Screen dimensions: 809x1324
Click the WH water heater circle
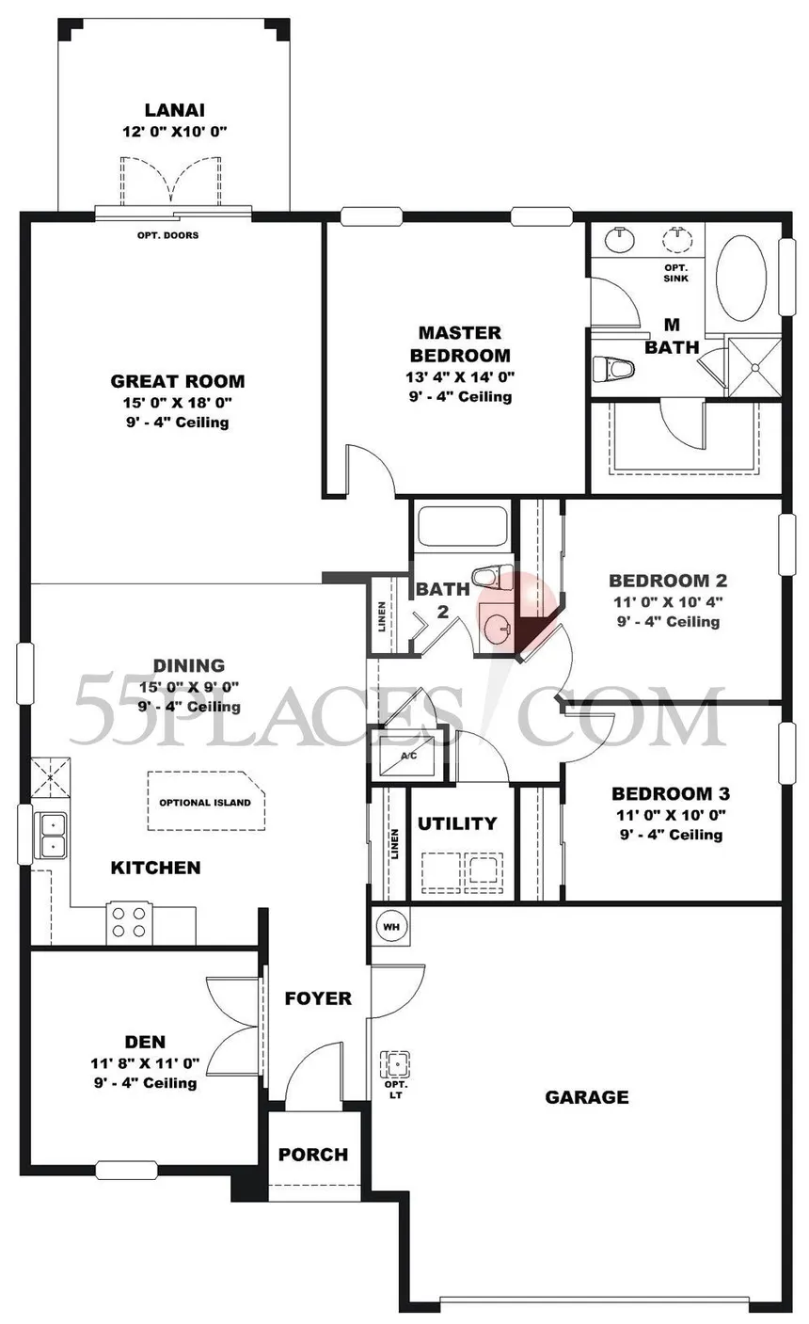pyautogui.click(x=391, y=926)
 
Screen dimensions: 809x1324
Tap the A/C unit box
pyautogui.click(x=408, y=756)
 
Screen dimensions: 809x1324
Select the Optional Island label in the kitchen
pyautogui.click(x=205, y=802)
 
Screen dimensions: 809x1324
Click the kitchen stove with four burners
pyautogui.click(x=129, y=923)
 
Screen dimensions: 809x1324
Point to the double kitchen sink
pyautogui.click(x=52, y=836)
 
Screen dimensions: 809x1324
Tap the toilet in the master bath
pyautogui.click(x=613, y=369)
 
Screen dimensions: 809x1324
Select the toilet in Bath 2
pyautogui.click(x=493, y=576)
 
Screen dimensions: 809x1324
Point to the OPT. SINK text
pyautogui.click(x=675, y=273)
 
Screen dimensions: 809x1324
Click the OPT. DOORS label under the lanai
pyautogui.click(x=167, y=235)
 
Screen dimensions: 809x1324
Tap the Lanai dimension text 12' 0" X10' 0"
pyautogui.click(x=175, y=131)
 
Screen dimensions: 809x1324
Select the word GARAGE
pyautogui.click(x=587, y=1097)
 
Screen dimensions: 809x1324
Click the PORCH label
pyautogui.click(x=313, y=1155)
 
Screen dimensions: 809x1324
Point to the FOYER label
pyautogui.click(x=318, y=998)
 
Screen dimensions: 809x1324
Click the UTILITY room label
pyautogui.click(x=457, y=823)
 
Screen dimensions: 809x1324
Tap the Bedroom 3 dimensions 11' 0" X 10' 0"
pyautogui.click(x=672, y=815)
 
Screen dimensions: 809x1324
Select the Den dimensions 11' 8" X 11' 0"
pyautogui.click(x=146, y=1063)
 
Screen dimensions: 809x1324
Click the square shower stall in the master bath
pyautogui.click(x=754, y=368)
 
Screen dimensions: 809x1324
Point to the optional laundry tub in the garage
pyautogui.click(x=395, y=1064)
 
